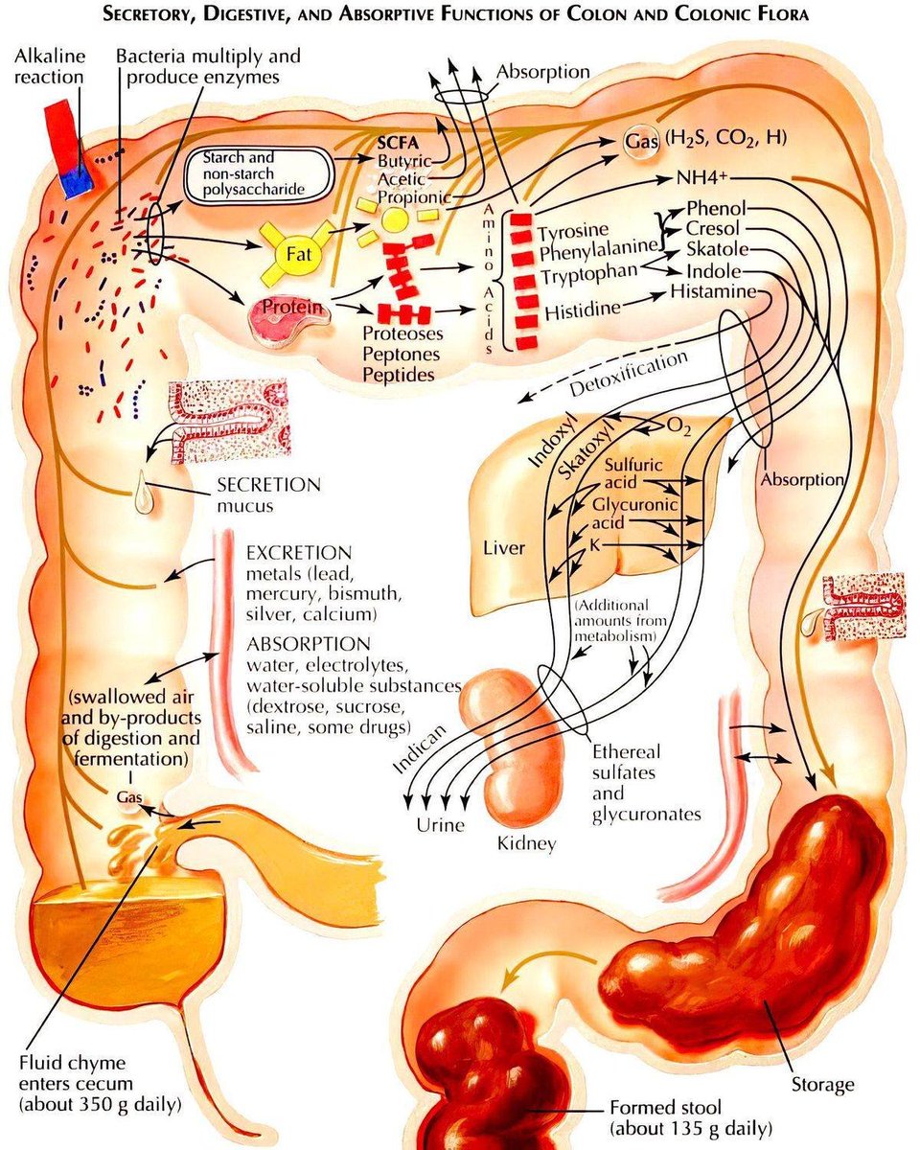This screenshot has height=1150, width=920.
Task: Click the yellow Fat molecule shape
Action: tap(294, 254)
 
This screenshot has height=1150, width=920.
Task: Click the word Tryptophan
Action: tap(587, 275)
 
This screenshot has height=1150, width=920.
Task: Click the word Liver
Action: tap(504, 548)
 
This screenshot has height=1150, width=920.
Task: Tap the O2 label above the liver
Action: tap(678, 425)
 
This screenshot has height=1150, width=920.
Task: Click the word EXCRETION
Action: tap(299, 554)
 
